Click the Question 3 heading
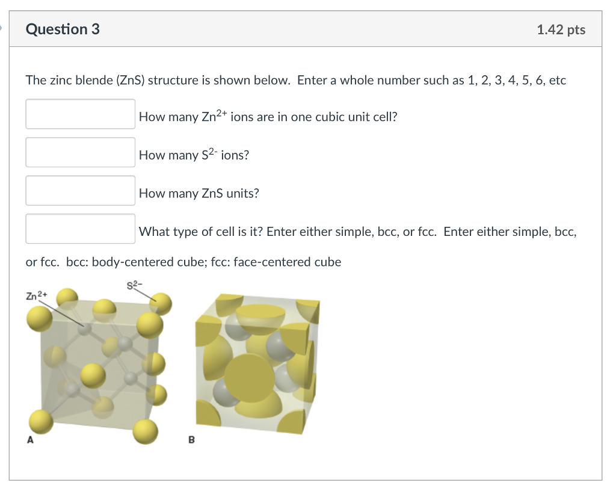63,29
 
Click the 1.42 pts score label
561,29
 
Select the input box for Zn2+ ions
80,114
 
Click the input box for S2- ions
80,152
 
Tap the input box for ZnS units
80,191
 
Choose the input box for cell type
80,229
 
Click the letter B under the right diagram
191,440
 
